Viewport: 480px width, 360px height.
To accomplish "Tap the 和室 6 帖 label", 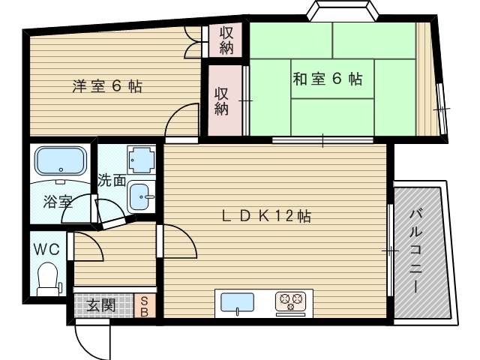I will pyautogui.click(x=328, y=79).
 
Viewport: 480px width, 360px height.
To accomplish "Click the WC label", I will pyautogui.click(x=46, y=247).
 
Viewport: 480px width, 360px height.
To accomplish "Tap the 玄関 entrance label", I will pyautogui.click(x=100, y=305).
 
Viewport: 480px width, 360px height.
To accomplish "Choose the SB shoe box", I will pyautogui.click(x=145, y=306).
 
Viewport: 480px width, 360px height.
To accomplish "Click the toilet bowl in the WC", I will pyautogui.click(x=48, y=277).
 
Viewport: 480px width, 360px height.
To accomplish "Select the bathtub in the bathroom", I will pyautogui.click(x=59, y=161).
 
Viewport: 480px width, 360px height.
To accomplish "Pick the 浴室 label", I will pyautogui.click(x=57, y=201).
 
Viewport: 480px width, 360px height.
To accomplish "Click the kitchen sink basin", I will pyautogui.click(x=236, y=303).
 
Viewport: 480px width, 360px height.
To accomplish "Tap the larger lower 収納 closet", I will pyautogui.click(x=223, y=100).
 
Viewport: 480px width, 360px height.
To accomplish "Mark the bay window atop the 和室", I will pyautogui.click(x=341, y=13).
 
